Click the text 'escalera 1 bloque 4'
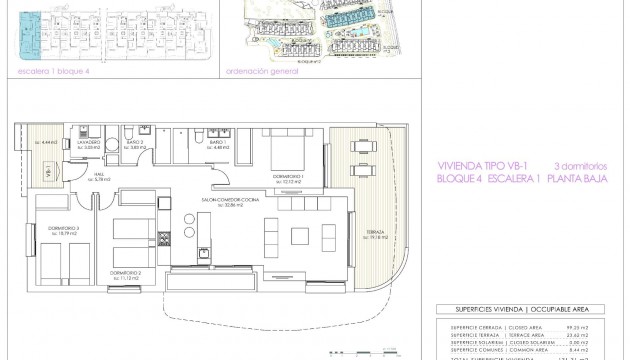(x=47, y=71)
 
